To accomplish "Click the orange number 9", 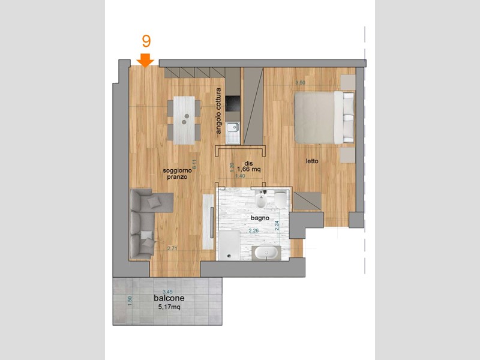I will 146,41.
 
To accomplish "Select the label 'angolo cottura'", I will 220,111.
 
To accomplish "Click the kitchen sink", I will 233,127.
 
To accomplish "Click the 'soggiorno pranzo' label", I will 177,175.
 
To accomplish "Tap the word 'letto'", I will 312,161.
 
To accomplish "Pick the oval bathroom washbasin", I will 265,253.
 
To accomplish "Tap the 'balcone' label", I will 169,298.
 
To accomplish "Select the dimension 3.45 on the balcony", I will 159,291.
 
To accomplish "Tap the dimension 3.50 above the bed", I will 300,82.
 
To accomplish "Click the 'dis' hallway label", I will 248,163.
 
